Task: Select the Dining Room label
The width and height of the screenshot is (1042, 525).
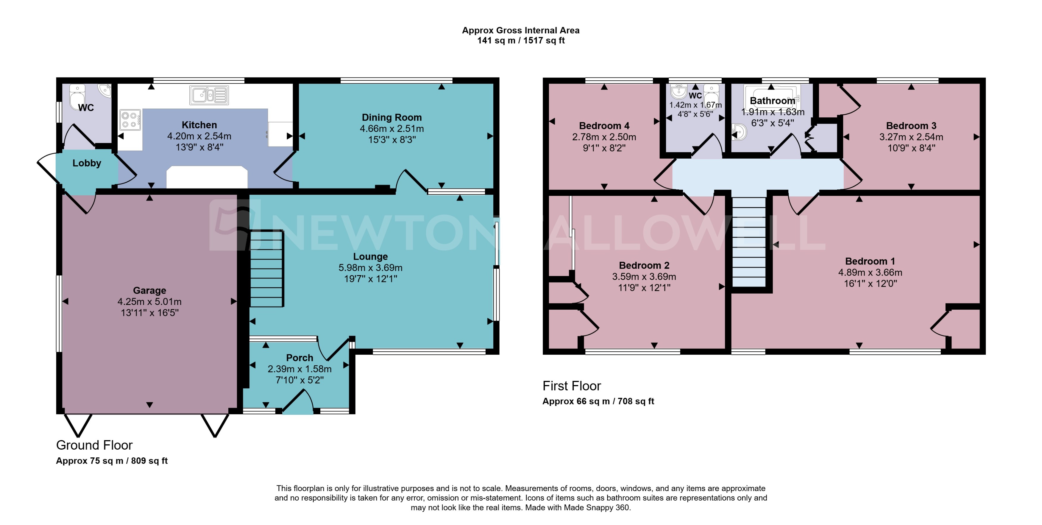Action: [x=391, y=117]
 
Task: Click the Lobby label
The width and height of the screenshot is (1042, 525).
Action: [x=87, y=163]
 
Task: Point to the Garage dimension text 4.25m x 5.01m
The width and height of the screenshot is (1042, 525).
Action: [x=149, y=301]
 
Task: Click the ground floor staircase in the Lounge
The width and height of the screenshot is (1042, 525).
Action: [x=266, y=269]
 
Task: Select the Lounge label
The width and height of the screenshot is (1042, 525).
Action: [x=370, y=256]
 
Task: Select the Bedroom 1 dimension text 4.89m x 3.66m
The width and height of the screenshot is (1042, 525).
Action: [x=870, y=272]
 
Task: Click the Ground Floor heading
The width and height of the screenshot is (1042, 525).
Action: [x=94, y=445]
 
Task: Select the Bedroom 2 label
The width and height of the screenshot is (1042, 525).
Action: [x=644, y=265]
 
